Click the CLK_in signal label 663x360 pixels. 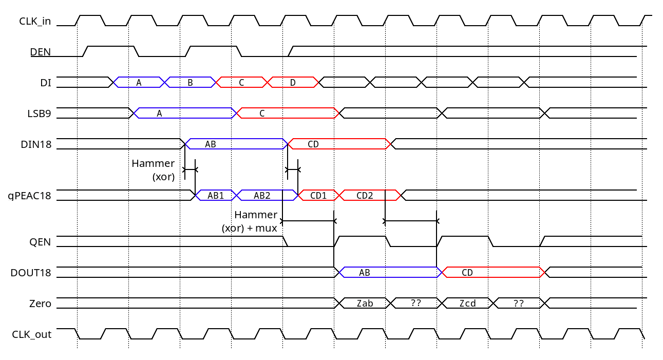[x=35, y=21]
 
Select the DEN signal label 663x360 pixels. [x=40, y=52]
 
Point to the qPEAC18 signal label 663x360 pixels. [x=29, y=196]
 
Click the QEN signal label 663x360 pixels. [x=41, y=242]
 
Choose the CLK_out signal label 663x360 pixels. [x=31, y=334]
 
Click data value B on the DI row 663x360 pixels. [x=190, y=82]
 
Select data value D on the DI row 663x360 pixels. [x=293, y=82]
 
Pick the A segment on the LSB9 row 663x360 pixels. [x=159, y=113]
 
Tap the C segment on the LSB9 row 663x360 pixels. [x=262, y=113]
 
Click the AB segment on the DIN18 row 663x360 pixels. [x=211, y=144]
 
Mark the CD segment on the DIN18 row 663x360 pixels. [x=313, y=144]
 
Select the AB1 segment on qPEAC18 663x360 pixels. [x=216, y=196]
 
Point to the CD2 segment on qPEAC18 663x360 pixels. [x=365, y=196]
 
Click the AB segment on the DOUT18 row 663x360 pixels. [x=365, y=273]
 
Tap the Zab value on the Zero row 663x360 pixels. [x=365, y=304]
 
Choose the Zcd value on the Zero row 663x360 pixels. [x=467, y=304]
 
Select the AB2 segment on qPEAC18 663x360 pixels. [x=262, y=196]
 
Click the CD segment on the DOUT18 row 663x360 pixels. [x=467, y=273]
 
